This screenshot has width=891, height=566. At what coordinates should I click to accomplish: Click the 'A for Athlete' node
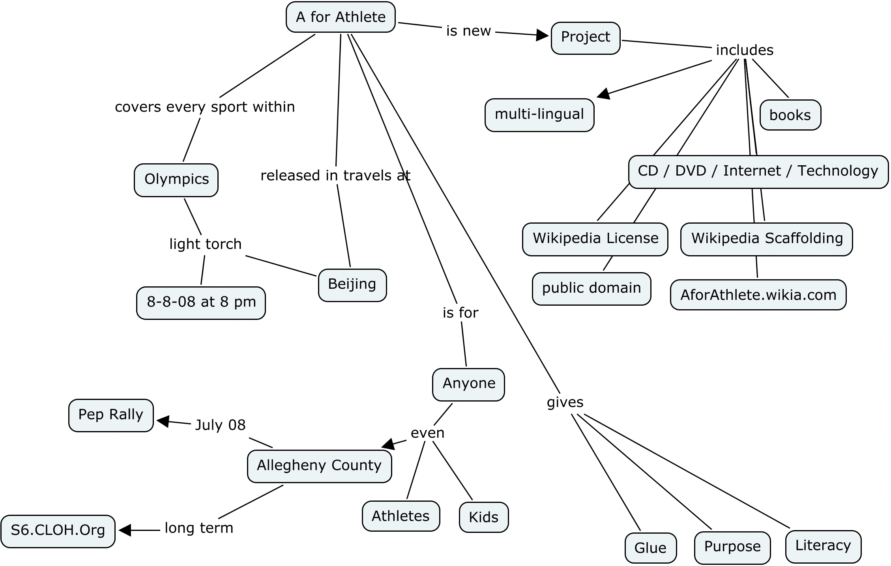click(341, 17)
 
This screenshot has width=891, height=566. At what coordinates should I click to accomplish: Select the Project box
click(586, 38)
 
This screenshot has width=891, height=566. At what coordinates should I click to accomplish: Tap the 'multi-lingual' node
click(539, 115)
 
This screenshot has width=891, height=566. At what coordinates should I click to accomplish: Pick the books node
click(790, 115)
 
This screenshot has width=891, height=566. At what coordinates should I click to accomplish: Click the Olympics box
click(176, 180)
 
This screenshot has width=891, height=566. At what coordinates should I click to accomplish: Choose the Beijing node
click(352, 285)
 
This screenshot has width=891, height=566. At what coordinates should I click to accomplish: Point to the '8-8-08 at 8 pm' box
click(201, 303)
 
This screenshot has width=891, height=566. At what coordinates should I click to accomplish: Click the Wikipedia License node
click(595, 239)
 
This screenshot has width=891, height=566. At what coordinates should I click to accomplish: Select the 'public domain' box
click(591, 288)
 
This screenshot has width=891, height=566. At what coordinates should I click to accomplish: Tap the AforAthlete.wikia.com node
click(758, 295)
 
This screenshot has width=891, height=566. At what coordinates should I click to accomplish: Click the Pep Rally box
click(111, 415)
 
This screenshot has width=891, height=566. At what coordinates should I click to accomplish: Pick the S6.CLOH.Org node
click(58, 531)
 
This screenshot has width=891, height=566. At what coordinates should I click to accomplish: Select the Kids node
click(483, 517)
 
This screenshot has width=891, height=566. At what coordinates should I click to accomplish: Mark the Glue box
click(650, 548)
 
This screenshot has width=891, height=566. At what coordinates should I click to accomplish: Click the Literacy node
click(823, 546)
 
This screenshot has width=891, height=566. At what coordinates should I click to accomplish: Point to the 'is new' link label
click(468, 31)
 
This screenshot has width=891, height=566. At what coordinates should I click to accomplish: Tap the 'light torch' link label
click(205, 244)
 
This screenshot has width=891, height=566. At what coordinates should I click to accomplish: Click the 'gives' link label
click(565, 402)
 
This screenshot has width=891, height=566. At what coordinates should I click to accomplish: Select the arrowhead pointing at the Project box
click(543, 35)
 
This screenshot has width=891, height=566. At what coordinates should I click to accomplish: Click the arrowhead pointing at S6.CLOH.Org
click(125, 530)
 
